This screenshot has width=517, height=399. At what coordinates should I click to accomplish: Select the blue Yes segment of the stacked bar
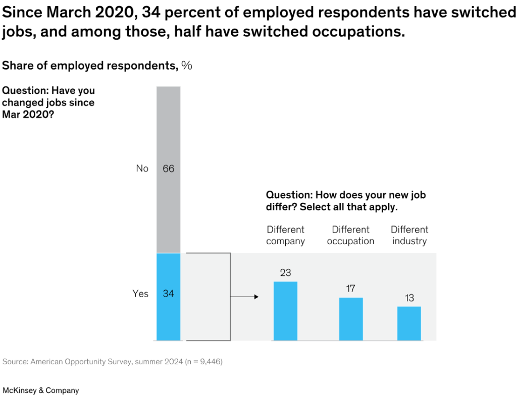pyautogui.click(x=168, y=313)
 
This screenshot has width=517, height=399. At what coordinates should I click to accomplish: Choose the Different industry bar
pyautogui.click(x=409, y=323)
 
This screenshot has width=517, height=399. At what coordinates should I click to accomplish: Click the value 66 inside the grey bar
pyautogui.click(x=168, y=169)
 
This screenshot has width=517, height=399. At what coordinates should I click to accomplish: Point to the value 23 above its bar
pyautogui.click(x=285, y=273)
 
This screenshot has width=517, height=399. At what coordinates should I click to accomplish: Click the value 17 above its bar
pyautogui.click(x=351, y=289)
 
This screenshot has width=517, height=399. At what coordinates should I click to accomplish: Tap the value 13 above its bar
pyautogui.click(x=409, y=298)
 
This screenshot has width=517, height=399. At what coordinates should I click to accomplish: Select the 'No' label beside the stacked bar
pyautogui.click(x=142, y=169)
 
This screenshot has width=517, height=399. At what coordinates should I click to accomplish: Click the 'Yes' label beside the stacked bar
pyautogui.click(x=140, y=294)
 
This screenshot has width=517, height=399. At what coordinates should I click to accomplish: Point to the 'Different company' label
pyautogui.click(x=285, y=236)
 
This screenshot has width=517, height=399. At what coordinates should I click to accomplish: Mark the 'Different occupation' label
pyautogui.click(x=350, y=236)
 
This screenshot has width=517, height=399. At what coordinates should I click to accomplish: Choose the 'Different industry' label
pyautogui.click(x=409, y=236)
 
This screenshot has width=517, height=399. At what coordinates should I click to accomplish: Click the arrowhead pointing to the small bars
pyautogui.click(x=256, y=297)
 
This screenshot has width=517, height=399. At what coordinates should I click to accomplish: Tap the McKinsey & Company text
pyautogui.click(x=41, y=390)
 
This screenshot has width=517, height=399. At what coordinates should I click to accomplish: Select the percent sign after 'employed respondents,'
pyautogui.click(x=187, y=66)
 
